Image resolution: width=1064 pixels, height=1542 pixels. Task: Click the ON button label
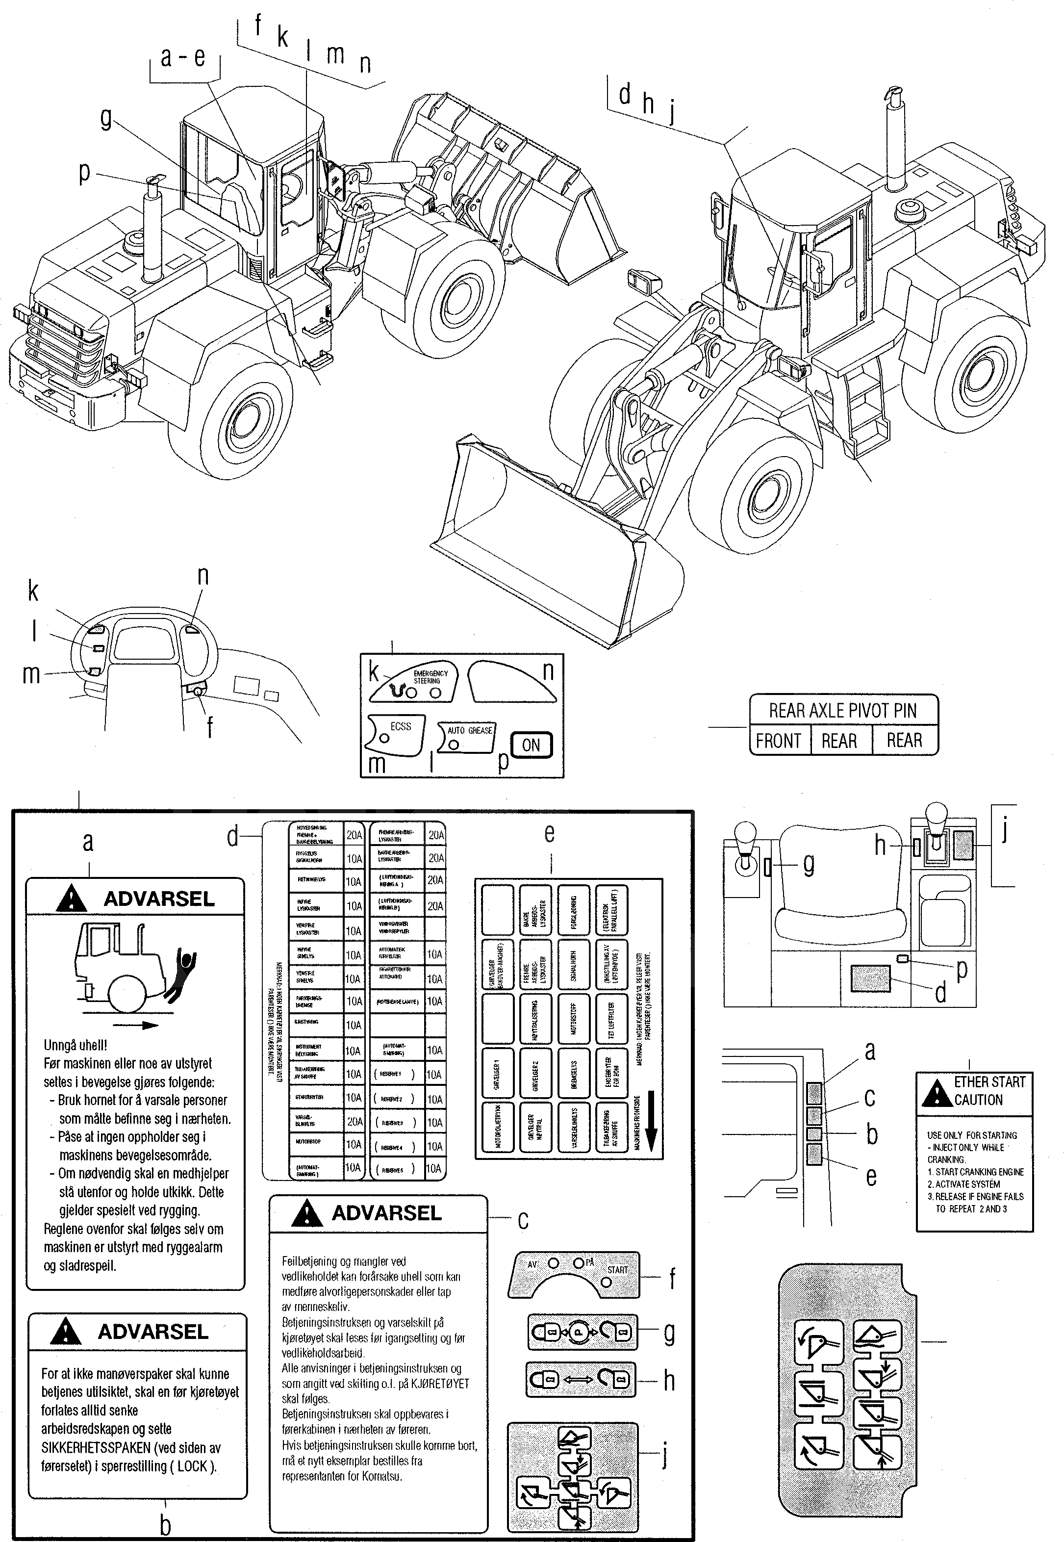coord(532,745)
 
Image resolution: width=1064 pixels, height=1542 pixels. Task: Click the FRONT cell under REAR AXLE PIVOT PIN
coord(778,741)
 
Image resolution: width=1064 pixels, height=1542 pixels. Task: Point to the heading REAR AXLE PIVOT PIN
coord(843,711)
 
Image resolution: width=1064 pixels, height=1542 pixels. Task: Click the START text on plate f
coord(617,1269)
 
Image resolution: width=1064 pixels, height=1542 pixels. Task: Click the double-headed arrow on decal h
coord(579,1379)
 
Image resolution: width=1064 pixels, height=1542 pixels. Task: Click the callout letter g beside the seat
coord(809,864)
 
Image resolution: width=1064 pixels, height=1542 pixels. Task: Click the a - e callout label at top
coord(183,57)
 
